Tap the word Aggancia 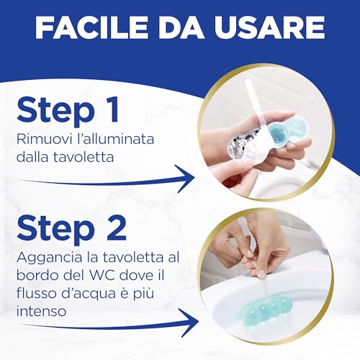click(x=50, y=258)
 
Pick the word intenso click(x=41, y=311)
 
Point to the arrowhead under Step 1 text click(x=185, y=179)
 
